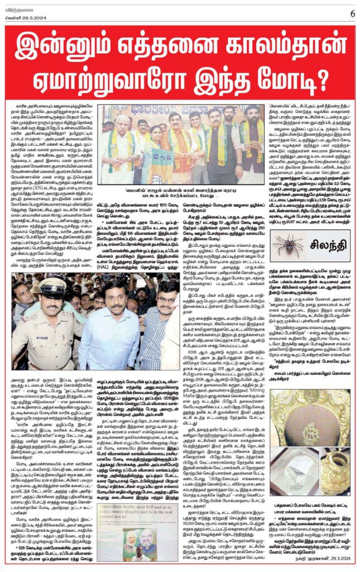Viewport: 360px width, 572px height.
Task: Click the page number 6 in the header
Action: pos(352,13)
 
